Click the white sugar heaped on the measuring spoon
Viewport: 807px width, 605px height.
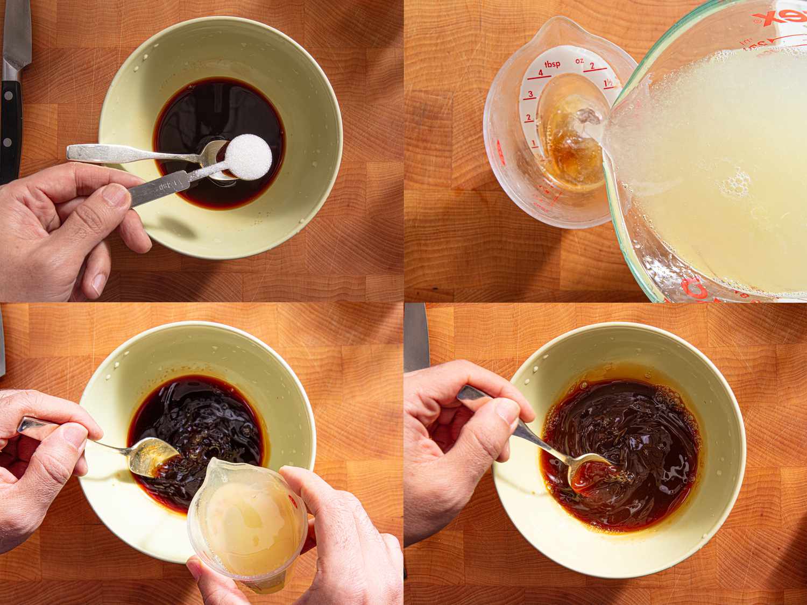(248, 155)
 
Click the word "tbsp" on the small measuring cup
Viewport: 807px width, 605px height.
(551, 65)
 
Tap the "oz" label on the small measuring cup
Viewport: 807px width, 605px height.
(579, 61)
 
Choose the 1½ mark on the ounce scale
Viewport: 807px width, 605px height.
(609, 84)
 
